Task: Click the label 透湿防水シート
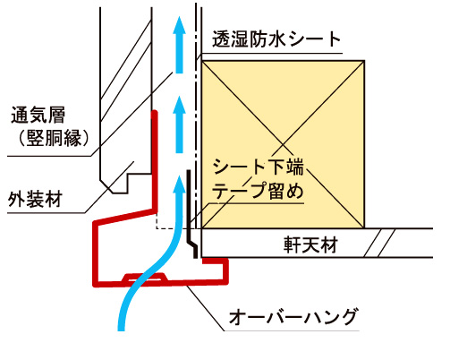276,39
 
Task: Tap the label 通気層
38,115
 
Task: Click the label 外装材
35,199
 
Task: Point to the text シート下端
259,167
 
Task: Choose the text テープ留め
258,191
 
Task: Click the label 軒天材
310,245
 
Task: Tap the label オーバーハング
293,317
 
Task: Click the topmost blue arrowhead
179,24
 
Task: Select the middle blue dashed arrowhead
179,105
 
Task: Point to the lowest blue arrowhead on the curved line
179,184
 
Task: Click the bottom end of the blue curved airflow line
121,330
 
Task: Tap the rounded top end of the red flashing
154,113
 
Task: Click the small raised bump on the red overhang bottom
145,278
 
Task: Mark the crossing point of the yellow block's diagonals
283,145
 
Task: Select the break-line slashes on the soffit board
379,243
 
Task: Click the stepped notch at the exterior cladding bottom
128,183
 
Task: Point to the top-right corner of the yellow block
364,61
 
